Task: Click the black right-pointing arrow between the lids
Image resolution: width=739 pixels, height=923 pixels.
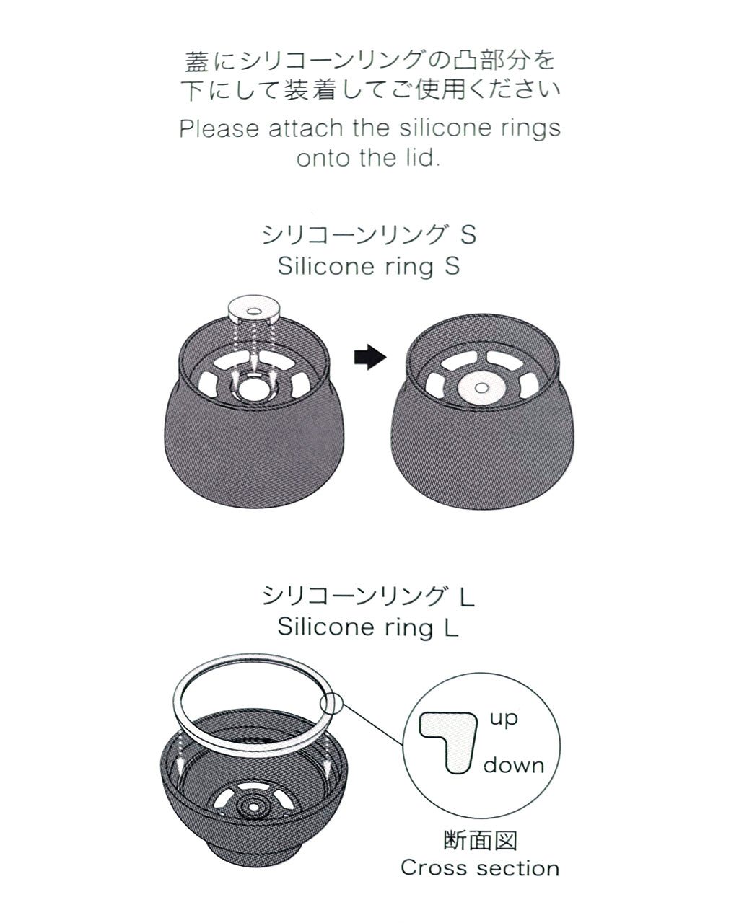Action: [369, 357]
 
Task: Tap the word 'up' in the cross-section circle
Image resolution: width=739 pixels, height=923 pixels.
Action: [504, 719]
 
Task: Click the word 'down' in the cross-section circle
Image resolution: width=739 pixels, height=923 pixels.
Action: [514, 766]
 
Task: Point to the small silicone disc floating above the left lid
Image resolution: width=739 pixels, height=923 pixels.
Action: [254, 311]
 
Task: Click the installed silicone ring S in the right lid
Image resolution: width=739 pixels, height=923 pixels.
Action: [481, 388]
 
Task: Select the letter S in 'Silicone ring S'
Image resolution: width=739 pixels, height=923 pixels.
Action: [452, 266]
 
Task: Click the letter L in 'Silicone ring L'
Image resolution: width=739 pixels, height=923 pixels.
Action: [452, 627]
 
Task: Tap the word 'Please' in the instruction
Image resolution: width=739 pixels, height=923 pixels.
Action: [219, 128]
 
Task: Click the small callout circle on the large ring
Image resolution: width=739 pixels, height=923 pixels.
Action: [331, 704]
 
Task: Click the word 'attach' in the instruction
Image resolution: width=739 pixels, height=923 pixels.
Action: [306, 128]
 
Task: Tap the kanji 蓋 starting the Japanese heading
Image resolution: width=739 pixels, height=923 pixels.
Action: [197, 61]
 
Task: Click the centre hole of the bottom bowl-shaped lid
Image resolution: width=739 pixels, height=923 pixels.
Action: [254, 807]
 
